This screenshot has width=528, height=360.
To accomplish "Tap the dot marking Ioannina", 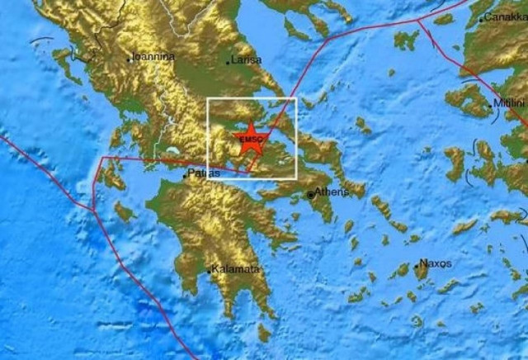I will [130, 59].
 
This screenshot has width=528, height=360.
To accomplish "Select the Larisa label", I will [247, 59].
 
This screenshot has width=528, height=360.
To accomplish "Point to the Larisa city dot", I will [229, 63].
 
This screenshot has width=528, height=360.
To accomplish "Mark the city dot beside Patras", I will [185, 175].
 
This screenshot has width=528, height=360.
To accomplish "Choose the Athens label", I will [332, 192].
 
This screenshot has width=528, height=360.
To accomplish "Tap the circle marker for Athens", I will [311, 195].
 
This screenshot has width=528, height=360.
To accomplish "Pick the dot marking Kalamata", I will [210, 271].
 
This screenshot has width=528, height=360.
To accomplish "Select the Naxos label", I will [435, 263].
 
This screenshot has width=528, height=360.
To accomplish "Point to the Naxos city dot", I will [416, 266].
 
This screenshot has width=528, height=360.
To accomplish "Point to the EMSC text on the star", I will [248, 141].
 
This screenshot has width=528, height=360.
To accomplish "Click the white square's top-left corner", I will [207, 98].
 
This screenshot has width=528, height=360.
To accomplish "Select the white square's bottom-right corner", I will [295, 178].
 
